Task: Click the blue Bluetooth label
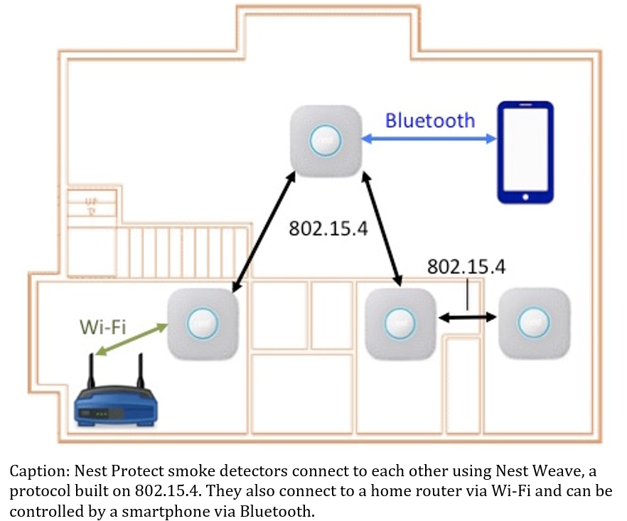(429, 120)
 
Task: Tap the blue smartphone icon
(525, 152)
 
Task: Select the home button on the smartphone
(525, 195)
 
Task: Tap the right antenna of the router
(139, 369)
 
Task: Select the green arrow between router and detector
(134, 340)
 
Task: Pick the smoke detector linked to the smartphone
(326, 140)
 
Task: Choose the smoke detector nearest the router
(203, 324)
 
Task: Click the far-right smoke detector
(533, 324)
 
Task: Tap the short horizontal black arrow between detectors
(467, 318)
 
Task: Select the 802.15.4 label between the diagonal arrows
(328, 229)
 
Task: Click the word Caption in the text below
(34, 471)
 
